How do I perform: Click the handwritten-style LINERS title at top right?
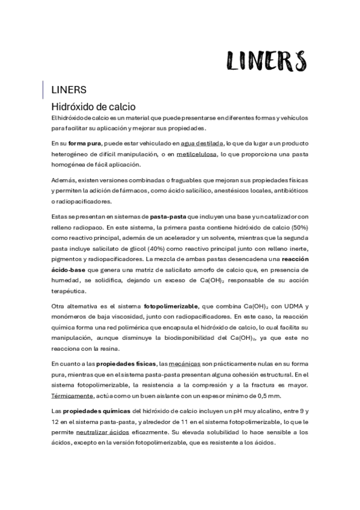pos(266,60)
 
